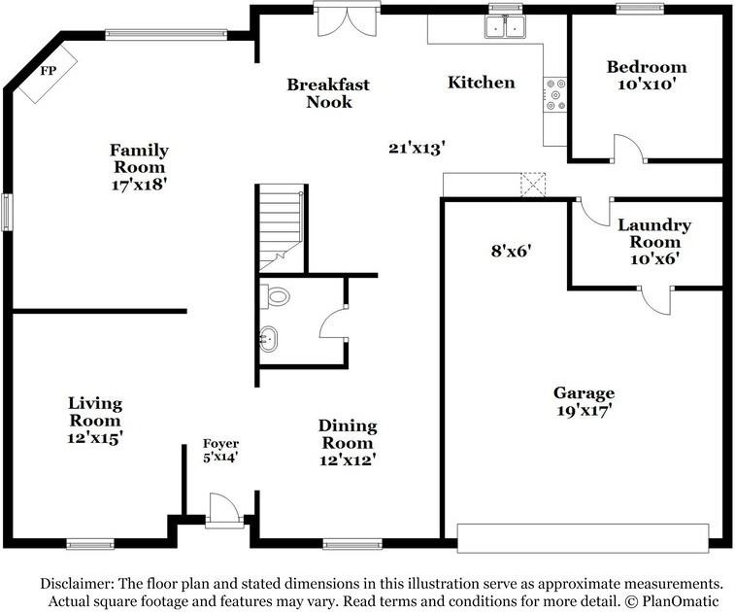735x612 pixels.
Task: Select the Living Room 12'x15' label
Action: [x=95, y=421]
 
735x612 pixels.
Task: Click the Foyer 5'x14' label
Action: [x=220, y=450]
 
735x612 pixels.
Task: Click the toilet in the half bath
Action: [x=277, y=296]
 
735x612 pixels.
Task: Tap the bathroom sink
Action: [x=269, y=340]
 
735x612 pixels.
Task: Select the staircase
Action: [x=281, y=229]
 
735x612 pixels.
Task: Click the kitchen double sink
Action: [x=505, y=27]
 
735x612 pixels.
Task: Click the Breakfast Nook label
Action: [x=327, y=93]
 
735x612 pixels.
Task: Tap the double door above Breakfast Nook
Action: [x=346, y=21]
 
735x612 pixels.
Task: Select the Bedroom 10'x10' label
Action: [x=646, y=75]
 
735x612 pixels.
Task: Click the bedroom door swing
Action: [x=627, y=148]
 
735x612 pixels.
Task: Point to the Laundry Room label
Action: [x=654, y=241]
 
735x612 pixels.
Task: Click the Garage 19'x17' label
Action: [x=584, y=401]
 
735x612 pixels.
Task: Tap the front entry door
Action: [x=222, y=510]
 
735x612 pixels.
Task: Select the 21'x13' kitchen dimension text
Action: [x=417, y=148]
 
